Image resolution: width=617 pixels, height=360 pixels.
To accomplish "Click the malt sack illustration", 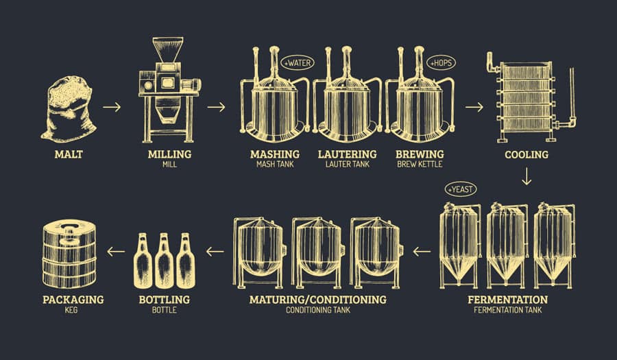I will point(68,109).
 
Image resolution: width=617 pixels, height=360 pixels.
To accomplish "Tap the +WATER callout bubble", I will point(297,63).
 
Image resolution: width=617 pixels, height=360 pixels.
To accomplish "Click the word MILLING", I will point(169,154).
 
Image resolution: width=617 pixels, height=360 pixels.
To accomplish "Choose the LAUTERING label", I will point(347,154).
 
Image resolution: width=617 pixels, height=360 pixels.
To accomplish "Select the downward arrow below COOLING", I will point(527,178).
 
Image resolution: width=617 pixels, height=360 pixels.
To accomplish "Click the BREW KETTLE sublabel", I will point(420,165).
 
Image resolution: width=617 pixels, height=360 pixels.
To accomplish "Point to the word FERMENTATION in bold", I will point(507,300).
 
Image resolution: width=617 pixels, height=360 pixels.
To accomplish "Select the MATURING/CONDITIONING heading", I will point(317,300).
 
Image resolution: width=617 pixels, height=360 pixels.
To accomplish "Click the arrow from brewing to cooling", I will point(474,107).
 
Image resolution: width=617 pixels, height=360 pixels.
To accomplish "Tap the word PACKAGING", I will point(73,300).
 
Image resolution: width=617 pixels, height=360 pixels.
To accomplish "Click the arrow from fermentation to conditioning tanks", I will point(422,252).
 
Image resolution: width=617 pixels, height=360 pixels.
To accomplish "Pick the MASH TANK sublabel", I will point(274,165).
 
